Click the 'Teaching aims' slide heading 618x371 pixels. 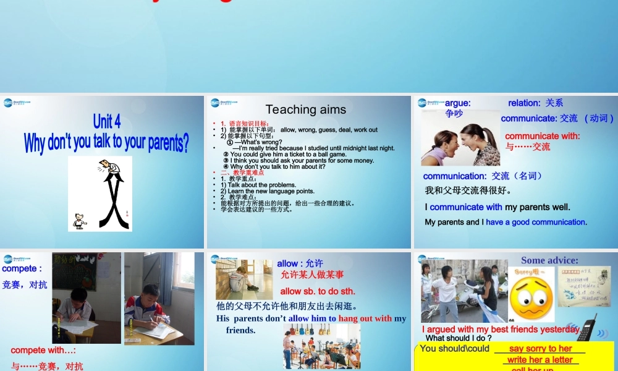tap(305, 109)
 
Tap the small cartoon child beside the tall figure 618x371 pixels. tap(79, 221)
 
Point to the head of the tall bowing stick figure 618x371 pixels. tap(109, 167)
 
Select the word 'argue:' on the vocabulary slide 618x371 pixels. tap(458, 103)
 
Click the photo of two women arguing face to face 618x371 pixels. tap(460, 145)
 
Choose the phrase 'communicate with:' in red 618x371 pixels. tap(543, 136)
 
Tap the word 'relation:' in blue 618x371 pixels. tap(525, 103)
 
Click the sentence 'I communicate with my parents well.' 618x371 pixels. tap(497, 207)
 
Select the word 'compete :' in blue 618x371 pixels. tap(22, 269)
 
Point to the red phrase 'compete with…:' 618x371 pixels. tap(43, 351)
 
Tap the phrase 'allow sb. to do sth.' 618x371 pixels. tap(318, 291)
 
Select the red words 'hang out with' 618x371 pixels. tap(365, 318)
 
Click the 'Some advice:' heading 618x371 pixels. tap(549, 260)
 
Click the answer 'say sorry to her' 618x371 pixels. tap(540, 349)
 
